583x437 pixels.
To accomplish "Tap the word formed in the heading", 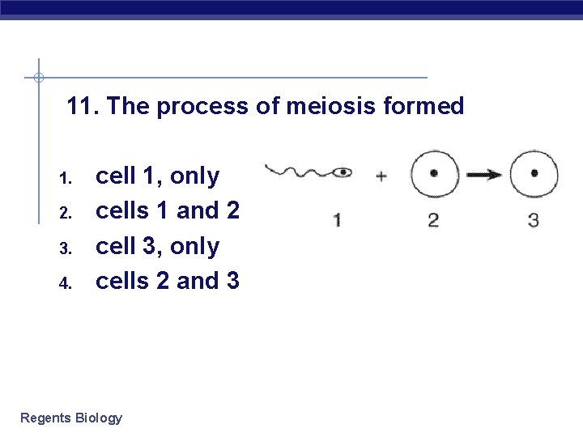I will tap(424, 106).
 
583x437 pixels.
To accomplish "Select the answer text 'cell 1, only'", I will tap(157, 176).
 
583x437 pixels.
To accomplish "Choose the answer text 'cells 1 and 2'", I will tap(168, 210).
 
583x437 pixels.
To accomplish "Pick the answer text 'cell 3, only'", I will tap(157, 246).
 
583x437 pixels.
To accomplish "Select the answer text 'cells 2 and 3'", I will tap(168, 281).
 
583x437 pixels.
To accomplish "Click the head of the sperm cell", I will tap(343, 172).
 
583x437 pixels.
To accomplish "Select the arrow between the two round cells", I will tap(484, 173).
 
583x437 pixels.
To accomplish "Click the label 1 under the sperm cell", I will tap(336, 219).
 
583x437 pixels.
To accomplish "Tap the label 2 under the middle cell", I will tap(434, 219).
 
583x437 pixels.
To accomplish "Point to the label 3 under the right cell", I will tap(534, 219).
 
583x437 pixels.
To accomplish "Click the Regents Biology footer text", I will tap(71, 418).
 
